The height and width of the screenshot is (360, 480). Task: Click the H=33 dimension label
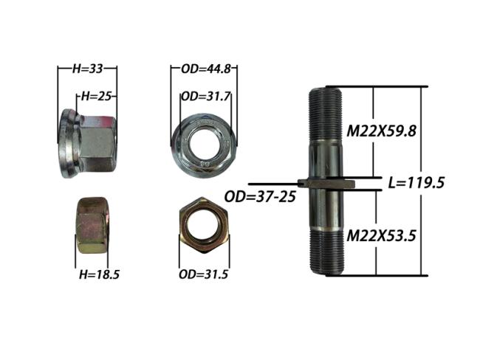(88, 69)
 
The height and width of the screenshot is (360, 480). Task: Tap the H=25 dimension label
(95, 97)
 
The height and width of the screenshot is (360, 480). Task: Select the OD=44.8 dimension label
(206, 69)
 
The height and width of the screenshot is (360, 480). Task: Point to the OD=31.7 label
(205, 97)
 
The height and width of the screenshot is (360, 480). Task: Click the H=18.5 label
(99, 274)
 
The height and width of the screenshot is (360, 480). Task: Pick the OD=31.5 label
(203, 274)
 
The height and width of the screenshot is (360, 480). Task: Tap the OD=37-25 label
(260, 197)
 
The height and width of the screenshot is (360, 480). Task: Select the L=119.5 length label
(416, 183)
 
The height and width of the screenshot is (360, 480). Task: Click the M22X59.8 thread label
(382, 131)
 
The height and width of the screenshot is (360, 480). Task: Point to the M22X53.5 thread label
(381, 236)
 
